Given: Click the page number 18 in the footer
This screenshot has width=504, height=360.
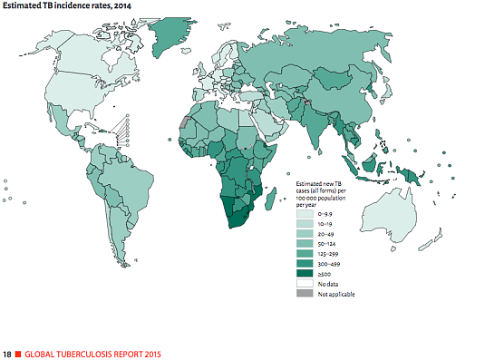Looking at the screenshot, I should [x=7, y=352].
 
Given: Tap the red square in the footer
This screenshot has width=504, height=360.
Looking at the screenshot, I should [x=18, y=352].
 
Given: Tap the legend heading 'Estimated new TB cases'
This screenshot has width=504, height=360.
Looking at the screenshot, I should [x=327, y=191].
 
